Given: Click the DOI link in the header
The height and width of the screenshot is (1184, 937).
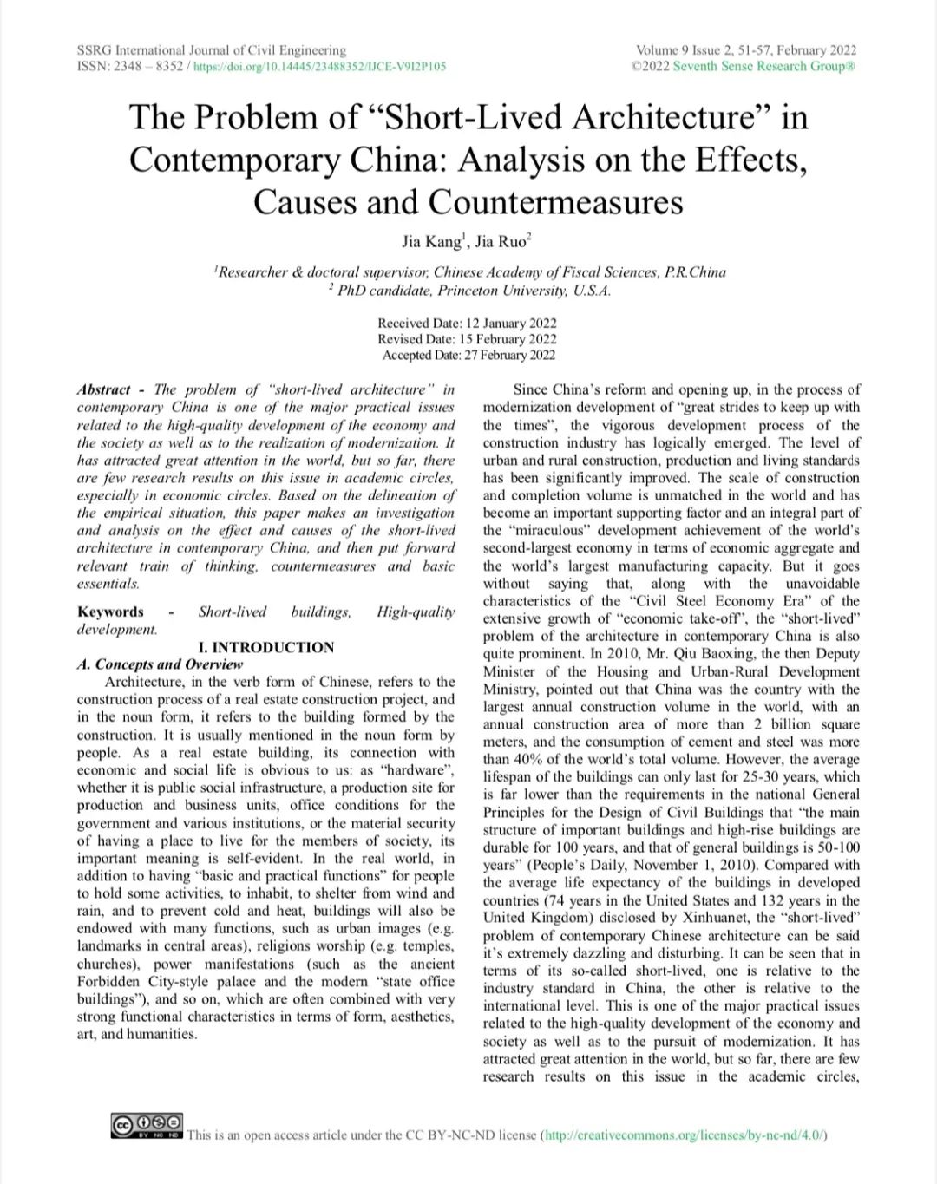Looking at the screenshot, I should coord(319,67).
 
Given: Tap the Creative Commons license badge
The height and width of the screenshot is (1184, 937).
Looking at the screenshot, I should coord(147,1127).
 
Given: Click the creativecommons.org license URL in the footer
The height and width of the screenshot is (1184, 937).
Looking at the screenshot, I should coord(684,1135).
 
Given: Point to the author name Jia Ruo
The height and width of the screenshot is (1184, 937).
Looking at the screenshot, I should coord(503,242).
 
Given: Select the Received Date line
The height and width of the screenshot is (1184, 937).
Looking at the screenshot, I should coord(467,324).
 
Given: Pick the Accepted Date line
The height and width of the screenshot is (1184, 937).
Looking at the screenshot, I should coord(468,355).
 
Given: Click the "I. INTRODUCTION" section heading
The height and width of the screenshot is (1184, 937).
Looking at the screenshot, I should coord(266,647).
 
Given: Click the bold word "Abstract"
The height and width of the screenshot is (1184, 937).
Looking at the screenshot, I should coord(104,389).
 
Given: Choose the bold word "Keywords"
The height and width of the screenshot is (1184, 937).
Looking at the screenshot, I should coord(110,612).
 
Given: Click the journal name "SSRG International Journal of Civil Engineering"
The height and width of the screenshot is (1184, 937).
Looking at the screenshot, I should coord(211,50).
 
